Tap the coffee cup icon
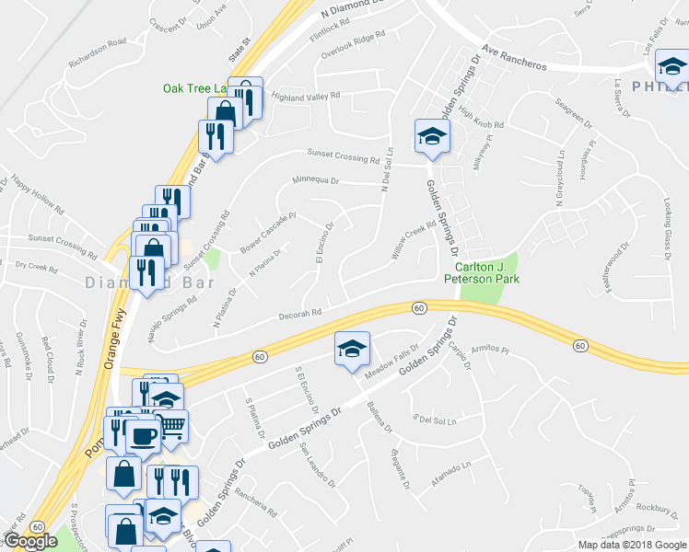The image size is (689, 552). click(x=142, y=435)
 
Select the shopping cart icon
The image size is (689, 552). click(x=171, y=425)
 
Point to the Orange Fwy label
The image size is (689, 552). click(x=113, y=332)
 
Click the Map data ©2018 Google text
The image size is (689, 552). click(x=631, y=545)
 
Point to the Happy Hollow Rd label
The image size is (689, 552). click(x=37, y=195)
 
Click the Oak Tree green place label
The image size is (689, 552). click(x=194, y=88)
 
